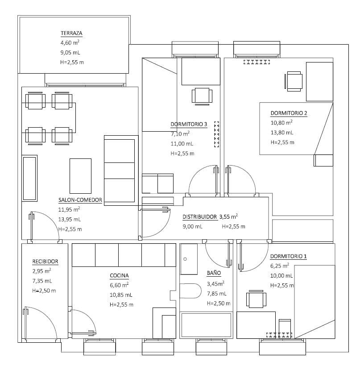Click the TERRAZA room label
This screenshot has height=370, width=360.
71,33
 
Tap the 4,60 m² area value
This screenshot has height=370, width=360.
70,43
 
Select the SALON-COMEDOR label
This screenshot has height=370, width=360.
80,200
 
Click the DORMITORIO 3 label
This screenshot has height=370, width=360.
189,125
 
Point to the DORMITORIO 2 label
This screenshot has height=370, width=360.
289,113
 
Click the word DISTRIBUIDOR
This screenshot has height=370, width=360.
199,217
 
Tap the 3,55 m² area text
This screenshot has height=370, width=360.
228,217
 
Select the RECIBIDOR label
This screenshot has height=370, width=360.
45,262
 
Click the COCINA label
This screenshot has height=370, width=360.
119,276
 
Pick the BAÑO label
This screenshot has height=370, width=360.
213,273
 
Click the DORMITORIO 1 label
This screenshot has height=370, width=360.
289,257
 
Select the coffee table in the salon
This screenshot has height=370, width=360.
80,176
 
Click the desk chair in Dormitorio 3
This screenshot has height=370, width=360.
201,96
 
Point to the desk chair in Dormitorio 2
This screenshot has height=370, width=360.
294,82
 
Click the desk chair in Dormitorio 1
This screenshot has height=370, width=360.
256,299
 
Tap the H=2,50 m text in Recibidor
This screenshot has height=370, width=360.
44,291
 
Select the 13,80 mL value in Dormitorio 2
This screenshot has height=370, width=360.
282,133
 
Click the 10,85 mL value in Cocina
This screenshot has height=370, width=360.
121,295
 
